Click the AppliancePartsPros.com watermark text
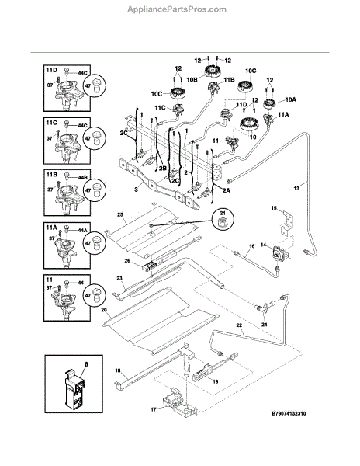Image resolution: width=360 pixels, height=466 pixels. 177,9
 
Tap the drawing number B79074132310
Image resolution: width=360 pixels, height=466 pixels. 289,413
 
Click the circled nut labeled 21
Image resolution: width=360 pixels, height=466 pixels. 223,221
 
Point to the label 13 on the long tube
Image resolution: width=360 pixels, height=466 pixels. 296,188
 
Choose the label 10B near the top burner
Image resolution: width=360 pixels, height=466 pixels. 192,79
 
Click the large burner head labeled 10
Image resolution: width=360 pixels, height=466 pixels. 248,124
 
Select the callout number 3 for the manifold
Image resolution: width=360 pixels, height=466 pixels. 137,189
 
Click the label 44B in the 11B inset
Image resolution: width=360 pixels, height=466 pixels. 82,178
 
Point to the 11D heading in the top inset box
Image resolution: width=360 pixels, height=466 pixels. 51,70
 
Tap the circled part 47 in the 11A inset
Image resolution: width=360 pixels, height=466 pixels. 95,242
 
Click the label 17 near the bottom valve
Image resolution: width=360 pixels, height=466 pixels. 153,409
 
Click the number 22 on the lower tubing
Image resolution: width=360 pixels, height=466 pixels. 239,325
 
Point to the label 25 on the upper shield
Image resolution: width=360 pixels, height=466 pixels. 120,214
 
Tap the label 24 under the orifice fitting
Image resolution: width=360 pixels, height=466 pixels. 264,325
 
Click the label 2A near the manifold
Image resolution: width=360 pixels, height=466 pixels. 226,191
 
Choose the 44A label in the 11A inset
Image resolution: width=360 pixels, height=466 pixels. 82,231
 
